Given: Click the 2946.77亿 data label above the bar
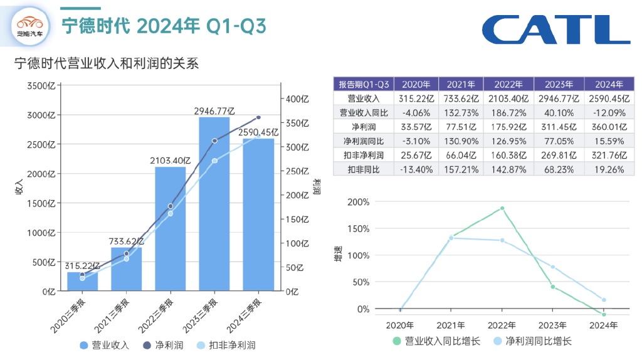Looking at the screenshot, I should (214, 112).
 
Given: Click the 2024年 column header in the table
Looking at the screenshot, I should (604, 84).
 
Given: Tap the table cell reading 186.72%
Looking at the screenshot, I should (508, 112).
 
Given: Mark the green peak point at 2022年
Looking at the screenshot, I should (502, 208).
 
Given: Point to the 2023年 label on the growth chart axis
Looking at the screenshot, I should (553, 325).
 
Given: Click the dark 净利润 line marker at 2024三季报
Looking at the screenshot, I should (258, 117).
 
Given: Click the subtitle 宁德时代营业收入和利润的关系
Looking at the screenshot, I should (106, 63).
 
